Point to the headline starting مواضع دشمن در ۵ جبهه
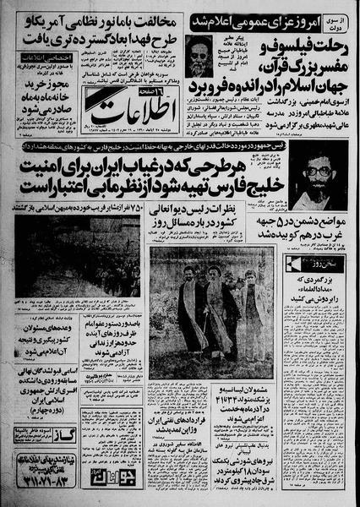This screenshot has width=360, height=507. (318, 230)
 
